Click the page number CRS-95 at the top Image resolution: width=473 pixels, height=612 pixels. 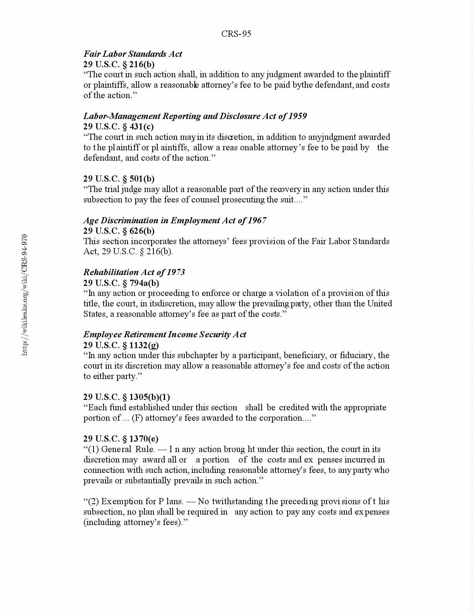(236, 34)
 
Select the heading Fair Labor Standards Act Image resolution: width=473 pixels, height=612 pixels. (133, 54)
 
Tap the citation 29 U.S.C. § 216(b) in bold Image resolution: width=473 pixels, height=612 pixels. (119, 64)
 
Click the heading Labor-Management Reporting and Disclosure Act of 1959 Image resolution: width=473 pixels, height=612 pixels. (195, 116)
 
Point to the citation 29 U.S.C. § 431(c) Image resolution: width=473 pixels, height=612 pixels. (118, 126)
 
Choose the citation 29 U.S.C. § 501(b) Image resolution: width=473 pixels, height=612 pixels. (119, 178)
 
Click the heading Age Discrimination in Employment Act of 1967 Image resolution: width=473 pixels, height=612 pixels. (175, 220)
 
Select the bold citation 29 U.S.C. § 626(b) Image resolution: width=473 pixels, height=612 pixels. (119, 231)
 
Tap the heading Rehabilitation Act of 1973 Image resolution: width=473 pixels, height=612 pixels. (134, 272)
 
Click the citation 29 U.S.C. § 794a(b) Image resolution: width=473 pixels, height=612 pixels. (121, 283)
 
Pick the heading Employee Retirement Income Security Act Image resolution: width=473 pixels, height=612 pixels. (165, 334)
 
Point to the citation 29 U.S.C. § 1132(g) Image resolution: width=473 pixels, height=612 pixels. (121, 345)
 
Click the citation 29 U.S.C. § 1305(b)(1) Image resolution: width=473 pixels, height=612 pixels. (126, 397)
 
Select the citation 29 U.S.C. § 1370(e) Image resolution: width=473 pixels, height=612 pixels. (121, 439)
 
